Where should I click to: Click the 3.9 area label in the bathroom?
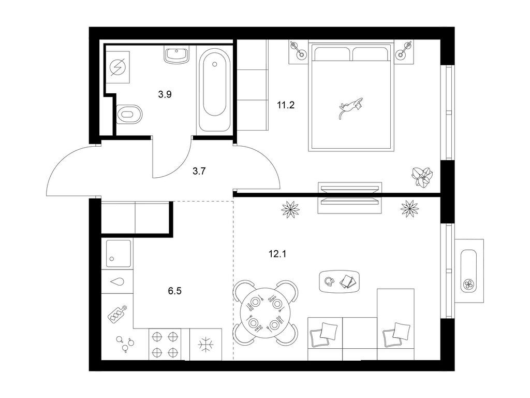165,94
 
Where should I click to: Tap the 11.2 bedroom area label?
286,105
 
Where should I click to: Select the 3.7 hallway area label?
199,171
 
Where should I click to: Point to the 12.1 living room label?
277,254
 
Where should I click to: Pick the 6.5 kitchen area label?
175,291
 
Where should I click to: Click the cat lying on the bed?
350,107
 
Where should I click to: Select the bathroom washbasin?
177,54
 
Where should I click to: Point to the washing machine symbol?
118,67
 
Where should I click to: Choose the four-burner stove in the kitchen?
165,345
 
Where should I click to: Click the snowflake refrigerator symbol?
206,345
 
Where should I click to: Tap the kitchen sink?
119,253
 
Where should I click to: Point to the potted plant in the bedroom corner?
422,177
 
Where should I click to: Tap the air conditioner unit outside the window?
469,271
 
